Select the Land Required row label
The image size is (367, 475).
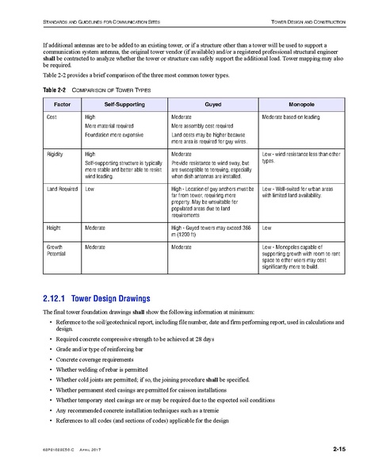coord(63,190)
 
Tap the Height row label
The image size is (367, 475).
coord(56,227)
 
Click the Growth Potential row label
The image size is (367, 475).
coord(60,251)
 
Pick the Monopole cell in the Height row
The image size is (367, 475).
coord(267,227)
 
